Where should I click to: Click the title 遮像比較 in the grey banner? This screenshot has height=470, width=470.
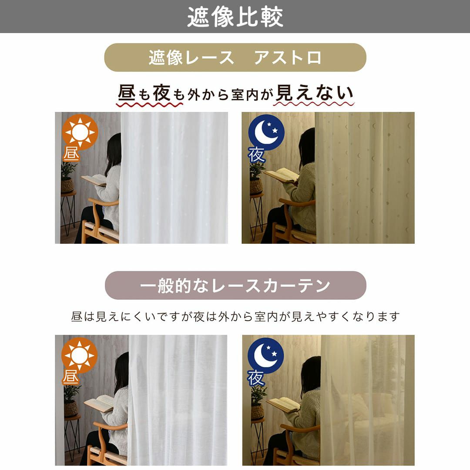tap(235, 17)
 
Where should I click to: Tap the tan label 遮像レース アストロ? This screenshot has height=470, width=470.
tap(235, 57)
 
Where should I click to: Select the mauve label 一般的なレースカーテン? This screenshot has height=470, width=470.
tap(235, 285)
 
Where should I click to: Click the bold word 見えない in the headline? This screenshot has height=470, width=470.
tap(315, 93)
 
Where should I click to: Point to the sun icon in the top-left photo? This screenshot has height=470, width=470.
tap(80, 131)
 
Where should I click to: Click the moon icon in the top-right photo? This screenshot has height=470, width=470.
tap(266, 132)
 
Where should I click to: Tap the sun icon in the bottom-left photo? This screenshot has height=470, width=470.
tap(80, 356)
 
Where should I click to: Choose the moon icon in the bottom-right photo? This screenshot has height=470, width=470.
tap(266, 356)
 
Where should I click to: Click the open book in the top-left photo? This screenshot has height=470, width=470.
tap(94, 180)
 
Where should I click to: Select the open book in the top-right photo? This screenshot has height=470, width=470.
tap(281, 175)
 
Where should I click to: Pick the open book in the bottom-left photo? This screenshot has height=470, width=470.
tap(99, 403)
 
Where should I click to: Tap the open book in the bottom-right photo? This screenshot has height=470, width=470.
tap(283, 405)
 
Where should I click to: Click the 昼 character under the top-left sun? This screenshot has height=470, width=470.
tap(71, 154)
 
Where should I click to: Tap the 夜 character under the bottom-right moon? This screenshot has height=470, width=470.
tap(256, 378)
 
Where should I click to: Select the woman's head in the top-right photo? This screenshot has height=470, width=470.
tap(307, 145)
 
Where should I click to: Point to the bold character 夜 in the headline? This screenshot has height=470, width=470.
tap(162, 93)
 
